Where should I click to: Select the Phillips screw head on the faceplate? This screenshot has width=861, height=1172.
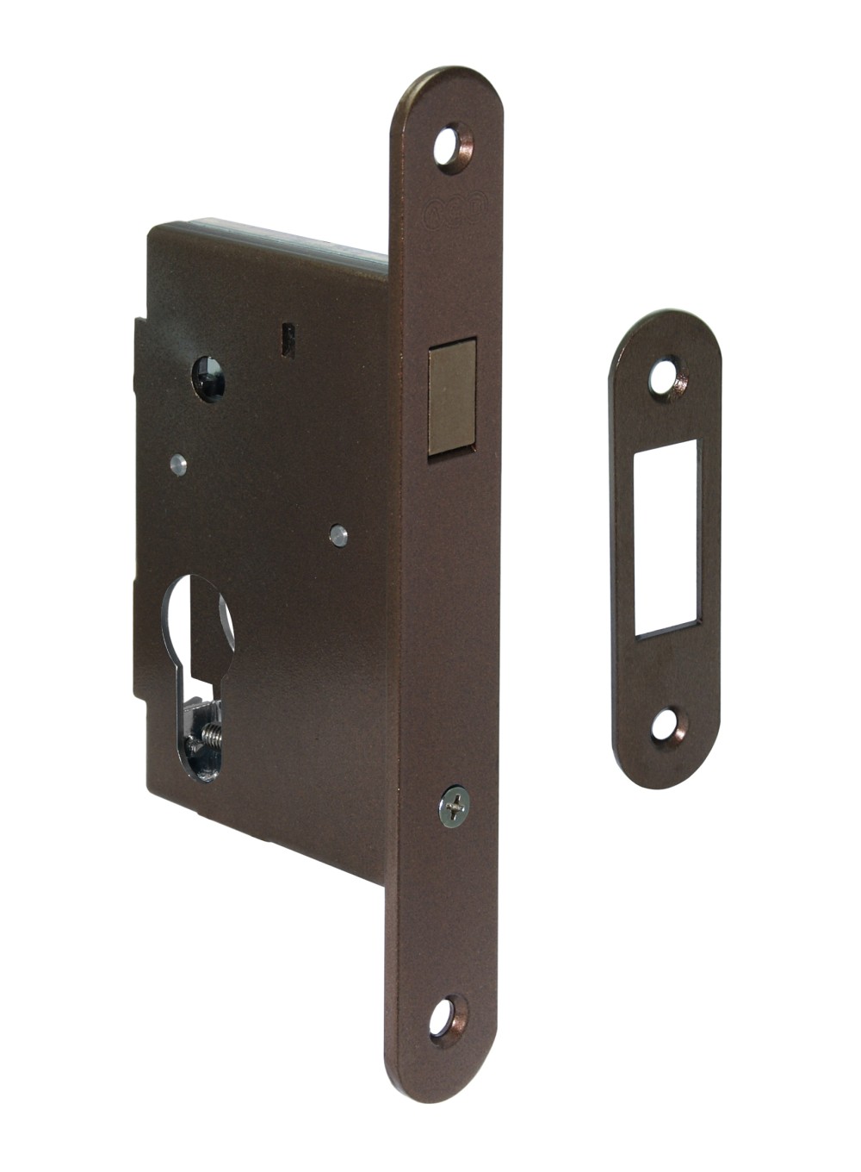454,807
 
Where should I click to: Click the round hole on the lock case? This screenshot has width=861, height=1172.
208,379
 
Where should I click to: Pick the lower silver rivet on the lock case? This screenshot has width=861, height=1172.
338,534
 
